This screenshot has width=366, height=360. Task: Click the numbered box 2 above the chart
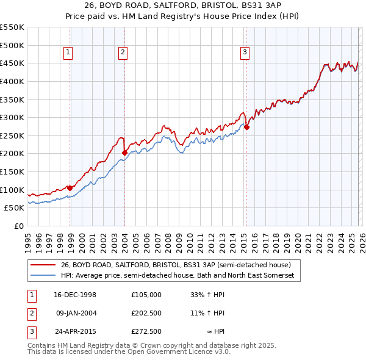point(123,53)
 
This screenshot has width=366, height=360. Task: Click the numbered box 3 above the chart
point(245,53)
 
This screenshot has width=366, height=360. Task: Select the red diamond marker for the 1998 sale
point(70,188)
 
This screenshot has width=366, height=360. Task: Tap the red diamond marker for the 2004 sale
point(124,153)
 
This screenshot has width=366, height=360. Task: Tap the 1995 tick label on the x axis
point(28,240)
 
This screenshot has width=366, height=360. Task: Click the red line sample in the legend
point(43,265)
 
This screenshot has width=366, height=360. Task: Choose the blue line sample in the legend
point(43,276)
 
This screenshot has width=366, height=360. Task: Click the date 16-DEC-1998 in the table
point(76,294)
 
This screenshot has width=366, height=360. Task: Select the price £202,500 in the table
point(146,313)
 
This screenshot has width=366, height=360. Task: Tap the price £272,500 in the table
point(146,332)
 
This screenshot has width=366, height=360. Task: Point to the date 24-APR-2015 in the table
point(76,332)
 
